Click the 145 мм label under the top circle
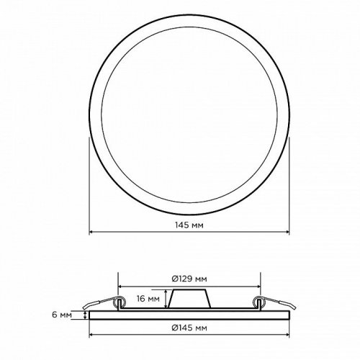189,225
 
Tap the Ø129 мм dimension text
189,279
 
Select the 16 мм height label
148,299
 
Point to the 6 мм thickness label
62,315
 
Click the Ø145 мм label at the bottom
189,328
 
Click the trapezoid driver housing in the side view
189,299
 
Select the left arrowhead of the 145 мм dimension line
91,232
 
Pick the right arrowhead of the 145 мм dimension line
287,232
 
